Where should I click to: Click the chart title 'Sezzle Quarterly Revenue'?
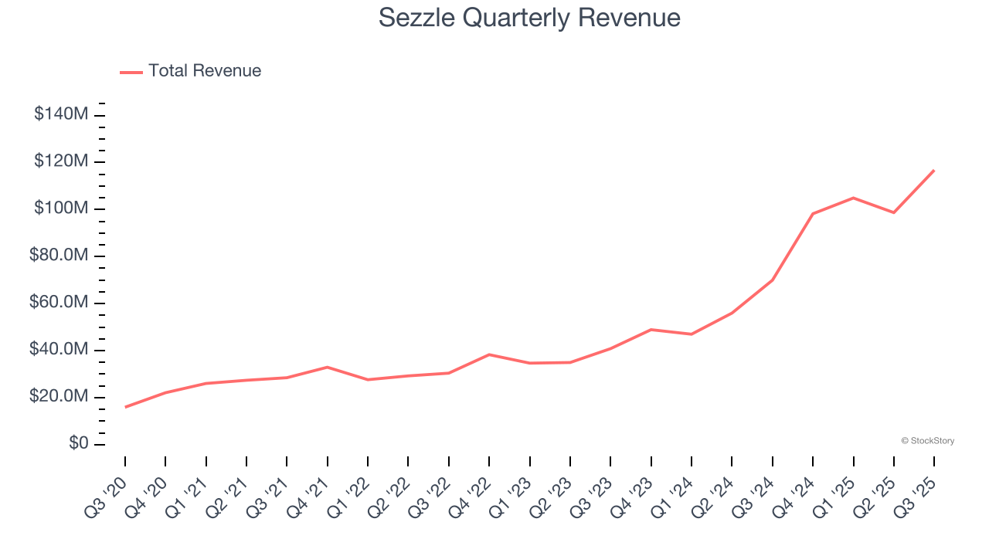529,18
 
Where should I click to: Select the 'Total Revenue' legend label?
205,71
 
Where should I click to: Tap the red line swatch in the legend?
131,72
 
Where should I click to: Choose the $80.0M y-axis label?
59,256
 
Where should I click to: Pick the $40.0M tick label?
59,350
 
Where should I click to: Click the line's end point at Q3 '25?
934,170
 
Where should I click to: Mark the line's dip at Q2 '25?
894,212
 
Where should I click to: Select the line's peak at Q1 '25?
853,198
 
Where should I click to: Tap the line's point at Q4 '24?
813,213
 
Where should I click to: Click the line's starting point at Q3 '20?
125,407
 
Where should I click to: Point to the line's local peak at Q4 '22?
489,354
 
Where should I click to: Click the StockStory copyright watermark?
927,441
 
